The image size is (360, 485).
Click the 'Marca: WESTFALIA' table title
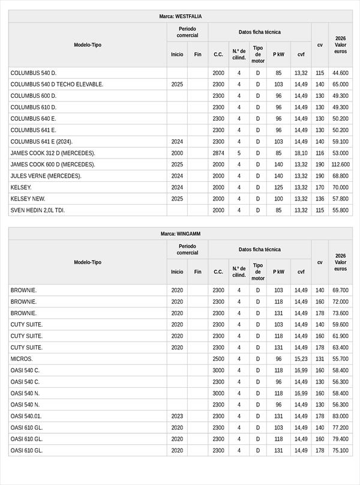tap(180, 17)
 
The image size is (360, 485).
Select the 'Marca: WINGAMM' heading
tap(180, 233)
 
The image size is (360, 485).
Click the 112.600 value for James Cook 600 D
tap(340, 164)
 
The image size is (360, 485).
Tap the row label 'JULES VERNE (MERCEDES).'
tap(46, 176)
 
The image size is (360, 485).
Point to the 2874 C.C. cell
tap(218, 153)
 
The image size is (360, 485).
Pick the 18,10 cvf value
tap(301, 153)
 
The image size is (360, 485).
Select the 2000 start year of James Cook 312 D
tap(177, 153)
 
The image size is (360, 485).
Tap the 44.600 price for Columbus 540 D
tap(340, 73)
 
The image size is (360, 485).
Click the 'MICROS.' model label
tap(22, 359)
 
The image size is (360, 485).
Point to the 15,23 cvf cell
tap(301, 359)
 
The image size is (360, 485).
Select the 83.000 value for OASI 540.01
tap(340, 416)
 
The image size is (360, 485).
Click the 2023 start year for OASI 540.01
tap(177, 416)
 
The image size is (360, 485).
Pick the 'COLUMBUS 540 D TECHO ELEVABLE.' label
tap(57, 85)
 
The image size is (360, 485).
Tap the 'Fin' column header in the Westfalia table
tap(197, 54)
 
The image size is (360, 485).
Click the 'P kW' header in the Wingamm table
tap(278, 271)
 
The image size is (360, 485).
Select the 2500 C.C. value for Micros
tap(218, 359)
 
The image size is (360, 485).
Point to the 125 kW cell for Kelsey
tap(278, 187)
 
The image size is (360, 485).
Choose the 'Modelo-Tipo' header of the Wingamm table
tap(88, 262)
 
